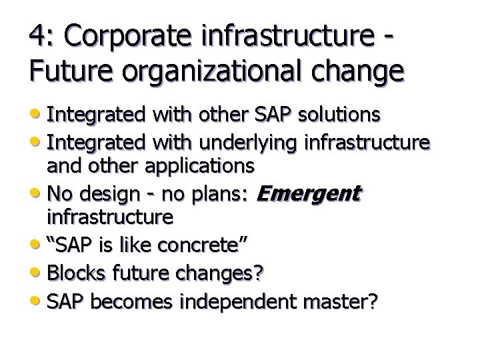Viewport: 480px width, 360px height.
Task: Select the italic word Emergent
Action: click(309, 195)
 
